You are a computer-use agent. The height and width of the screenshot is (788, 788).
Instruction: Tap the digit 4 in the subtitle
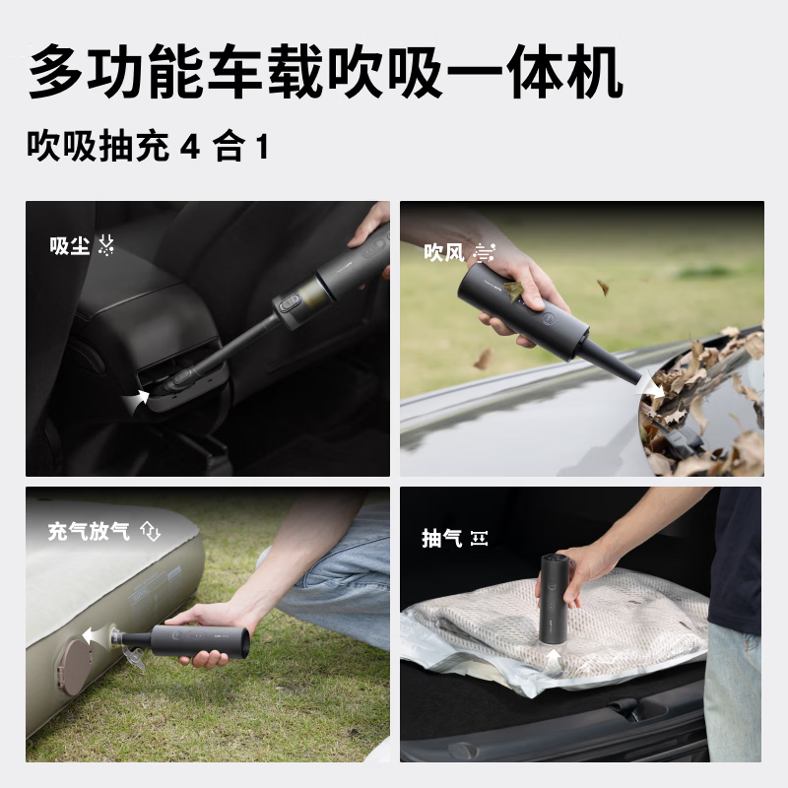191,148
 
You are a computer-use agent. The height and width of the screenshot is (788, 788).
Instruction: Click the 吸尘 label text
70,246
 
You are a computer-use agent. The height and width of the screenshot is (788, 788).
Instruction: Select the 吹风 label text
443,252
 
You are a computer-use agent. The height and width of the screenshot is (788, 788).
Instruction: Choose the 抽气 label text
441,538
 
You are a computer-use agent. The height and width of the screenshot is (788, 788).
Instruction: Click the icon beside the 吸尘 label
105,246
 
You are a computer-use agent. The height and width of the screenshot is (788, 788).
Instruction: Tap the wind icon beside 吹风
482,252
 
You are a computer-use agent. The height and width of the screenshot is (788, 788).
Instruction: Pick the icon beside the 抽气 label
480,538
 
